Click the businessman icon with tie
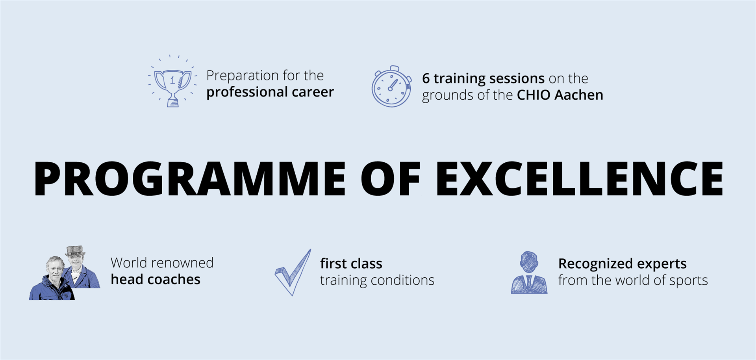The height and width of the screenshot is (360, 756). tap(529, 273)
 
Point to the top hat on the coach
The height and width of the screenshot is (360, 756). tap(75, 251)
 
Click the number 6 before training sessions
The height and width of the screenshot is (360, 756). tap(426, 78)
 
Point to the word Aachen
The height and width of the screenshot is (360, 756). tap(579, 95)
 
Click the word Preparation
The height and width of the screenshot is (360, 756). tap(244, 76)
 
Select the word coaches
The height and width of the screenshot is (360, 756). tap(174, 279)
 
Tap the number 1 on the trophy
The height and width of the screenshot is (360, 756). tap(172, 80)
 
